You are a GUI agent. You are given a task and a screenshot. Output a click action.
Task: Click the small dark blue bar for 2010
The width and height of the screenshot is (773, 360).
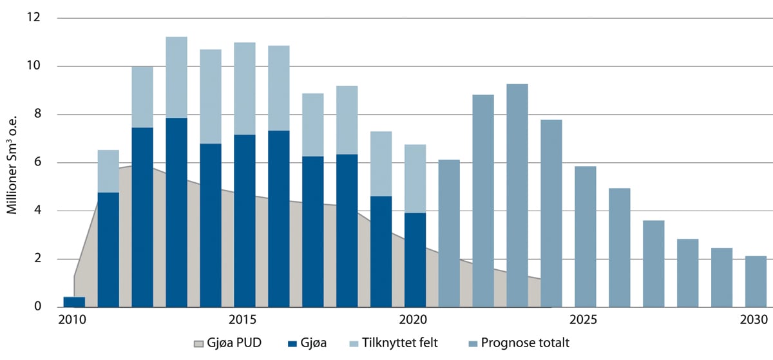coord(74,301)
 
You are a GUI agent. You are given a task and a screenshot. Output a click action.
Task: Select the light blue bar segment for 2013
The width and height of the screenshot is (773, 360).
coord(177,77)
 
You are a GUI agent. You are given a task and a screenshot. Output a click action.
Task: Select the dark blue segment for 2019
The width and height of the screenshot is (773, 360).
coord(381,251)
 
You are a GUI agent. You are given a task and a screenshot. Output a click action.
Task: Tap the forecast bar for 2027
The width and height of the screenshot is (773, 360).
coord(653,263)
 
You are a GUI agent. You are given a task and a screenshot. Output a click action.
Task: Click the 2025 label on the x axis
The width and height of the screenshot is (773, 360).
coord(584,320)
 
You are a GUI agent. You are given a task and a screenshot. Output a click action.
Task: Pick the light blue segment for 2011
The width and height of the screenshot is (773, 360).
coord(108,171)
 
